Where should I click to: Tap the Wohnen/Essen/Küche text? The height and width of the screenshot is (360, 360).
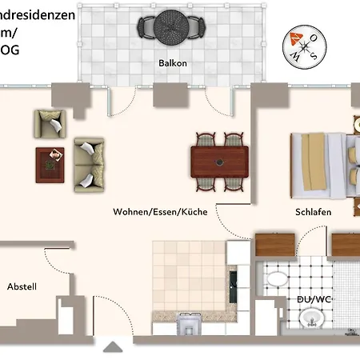coord(160,212)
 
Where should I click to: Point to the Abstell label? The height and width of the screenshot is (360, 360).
coord(22,286)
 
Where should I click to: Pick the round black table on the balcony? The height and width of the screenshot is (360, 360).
coord(170,26)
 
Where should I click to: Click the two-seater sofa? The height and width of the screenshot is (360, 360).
coord(88,164)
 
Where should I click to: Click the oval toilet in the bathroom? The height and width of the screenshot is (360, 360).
coord(277,280)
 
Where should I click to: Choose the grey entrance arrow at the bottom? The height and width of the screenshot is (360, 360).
coord(114,347)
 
